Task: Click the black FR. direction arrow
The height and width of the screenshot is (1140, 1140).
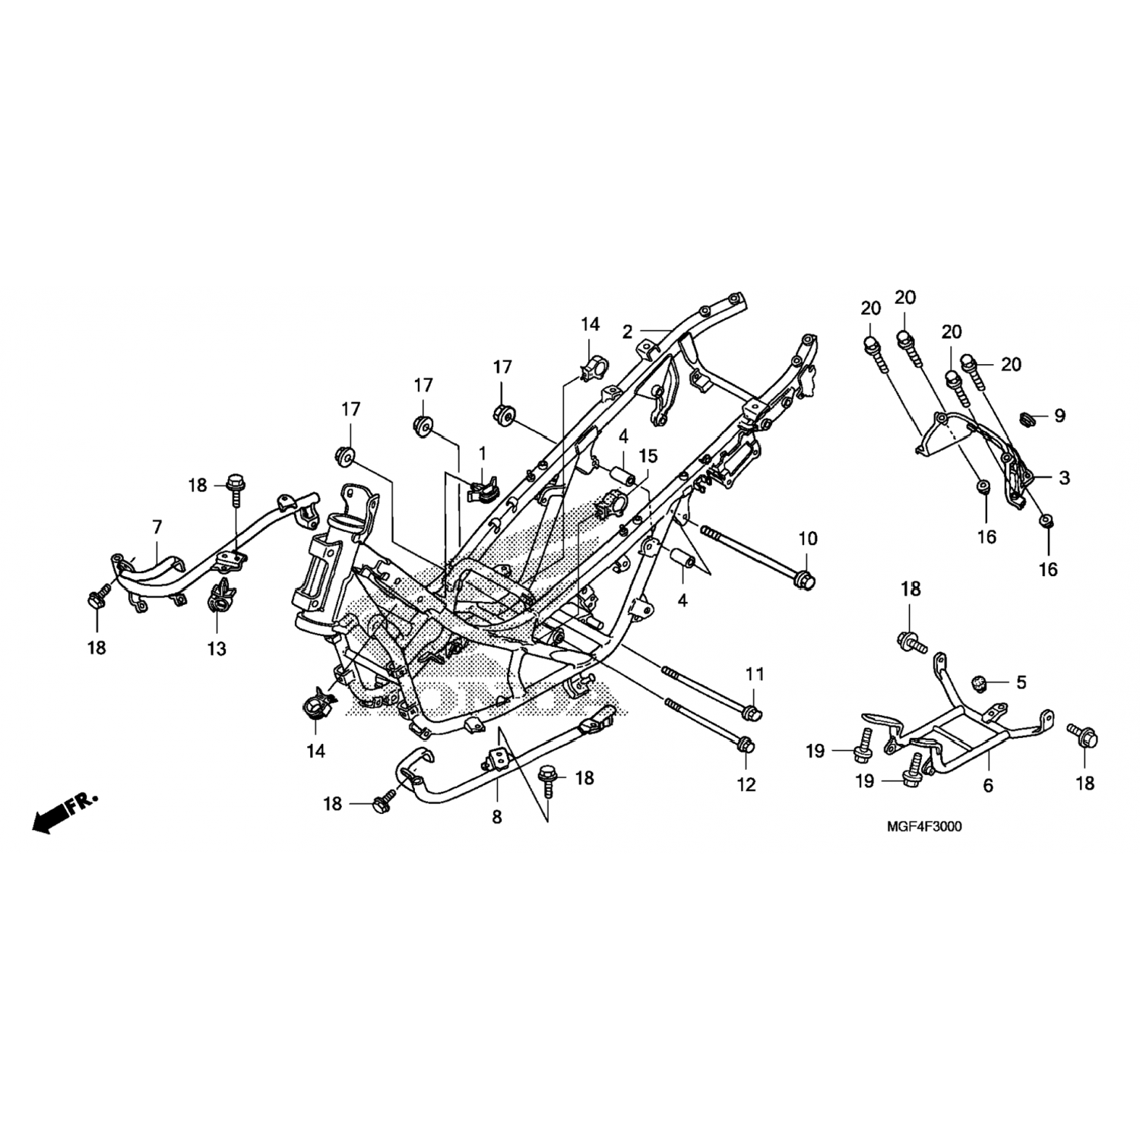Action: [x=65, y=813]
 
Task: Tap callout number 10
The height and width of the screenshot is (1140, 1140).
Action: [x=808, y=539]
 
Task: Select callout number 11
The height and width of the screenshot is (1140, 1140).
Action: [x=754, y=673]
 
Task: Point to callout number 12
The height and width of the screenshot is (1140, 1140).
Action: [x=747, y=784]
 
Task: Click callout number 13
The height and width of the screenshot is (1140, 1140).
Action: [x=217, y=649]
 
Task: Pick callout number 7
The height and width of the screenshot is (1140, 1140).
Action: [x=157, y=527]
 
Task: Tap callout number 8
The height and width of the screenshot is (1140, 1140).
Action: [x=497, y=818]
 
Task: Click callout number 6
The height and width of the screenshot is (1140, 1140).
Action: [x=988, y=786]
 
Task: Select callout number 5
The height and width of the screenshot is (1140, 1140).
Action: [x=1021, y=682]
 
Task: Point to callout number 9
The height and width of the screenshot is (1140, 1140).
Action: [x=1059, y=416]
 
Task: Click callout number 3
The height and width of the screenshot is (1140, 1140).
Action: [x=1064, y=478]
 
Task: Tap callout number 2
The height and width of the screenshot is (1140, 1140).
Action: [x=627, y=332]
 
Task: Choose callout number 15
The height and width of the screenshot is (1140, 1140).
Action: [x=648, y=456]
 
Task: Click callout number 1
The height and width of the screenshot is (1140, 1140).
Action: [x=482, y=454]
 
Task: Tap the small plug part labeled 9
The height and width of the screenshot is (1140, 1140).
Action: [x=1028, y=418]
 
